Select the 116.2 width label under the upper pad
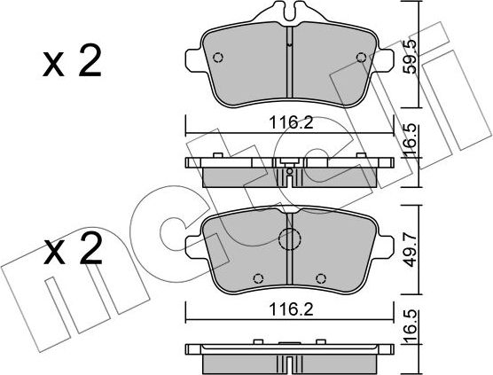(292, 122)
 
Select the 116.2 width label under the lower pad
(292, 310)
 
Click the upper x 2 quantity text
(73, 61)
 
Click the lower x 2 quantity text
(73, 248)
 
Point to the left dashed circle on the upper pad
(218, 58)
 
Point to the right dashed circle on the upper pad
(361, 58)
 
